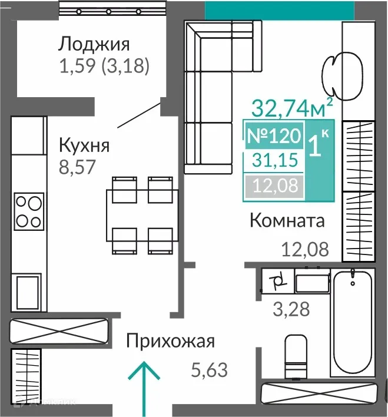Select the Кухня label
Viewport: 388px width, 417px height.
84,144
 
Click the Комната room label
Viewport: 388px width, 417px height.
287,221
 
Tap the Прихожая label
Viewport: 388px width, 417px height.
171,341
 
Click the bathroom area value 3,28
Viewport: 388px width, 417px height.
291,309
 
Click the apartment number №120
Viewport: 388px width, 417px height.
273,135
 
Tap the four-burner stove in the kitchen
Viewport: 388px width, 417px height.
29,211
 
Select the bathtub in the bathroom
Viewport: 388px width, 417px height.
352,323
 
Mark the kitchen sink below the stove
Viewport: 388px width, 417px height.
28,293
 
